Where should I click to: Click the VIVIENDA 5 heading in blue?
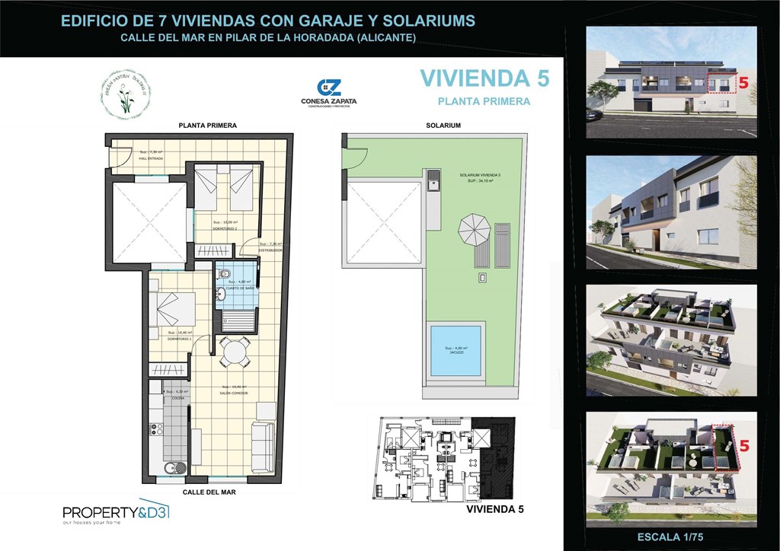click(484, 79)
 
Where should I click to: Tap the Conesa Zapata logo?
click(329, 94)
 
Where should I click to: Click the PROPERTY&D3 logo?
click(115, 514)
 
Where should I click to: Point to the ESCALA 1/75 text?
click(670, 537)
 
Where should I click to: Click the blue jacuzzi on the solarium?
click(456, 351)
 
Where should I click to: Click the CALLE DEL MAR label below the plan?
click(209, 492)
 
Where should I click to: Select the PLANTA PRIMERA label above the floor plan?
click(207, 125)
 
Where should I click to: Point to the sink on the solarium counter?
click(433, 181)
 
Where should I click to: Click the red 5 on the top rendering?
click(742, 82)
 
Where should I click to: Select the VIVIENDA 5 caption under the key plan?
click(495, 508)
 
